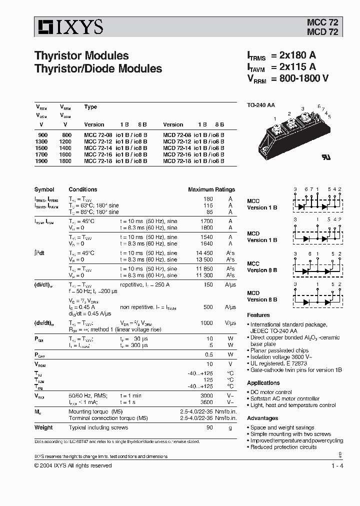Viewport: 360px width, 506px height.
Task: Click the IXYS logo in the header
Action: tap(69, 27)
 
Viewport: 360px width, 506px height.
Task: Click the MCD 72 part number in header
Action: tap(322, 32)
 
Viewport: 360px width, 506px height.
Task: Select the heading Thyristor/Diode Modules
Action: tap(98, 68)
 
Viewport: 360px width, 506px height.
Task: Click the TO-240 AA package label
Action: tap(261, 105)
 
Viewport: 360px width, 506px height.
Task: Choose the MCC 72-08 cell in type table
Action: tap(97, 135)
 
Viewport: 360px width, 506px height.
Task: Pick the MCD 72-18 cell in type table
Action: tap(176, 161)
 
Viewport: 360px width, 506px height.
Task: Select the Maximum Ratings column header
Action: tap(211, 189)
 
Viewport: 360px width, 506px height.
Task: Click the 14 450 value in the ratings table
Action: tap(203, 253)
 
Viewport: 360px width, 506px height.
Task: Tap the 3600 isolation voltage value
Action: tap(206, 401)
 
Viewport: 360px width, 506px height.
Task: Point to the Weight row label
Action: tap(43, 427)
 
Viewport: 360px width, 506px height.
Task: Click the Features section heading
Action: tap(258, 315)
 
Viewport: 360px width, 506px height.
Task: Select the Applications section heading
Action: tap(263, 382)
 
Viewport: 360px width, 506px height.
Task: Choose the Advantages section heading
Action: tap(262, 418)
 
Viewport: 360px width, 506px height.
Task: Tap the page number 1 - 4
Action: tap(337, 466)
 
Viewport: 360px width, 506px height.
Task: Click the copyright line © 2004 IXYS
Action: tap(73, 465)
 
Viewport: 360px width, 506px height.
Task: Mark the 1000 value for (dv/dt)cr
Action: tap(206, 323)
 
